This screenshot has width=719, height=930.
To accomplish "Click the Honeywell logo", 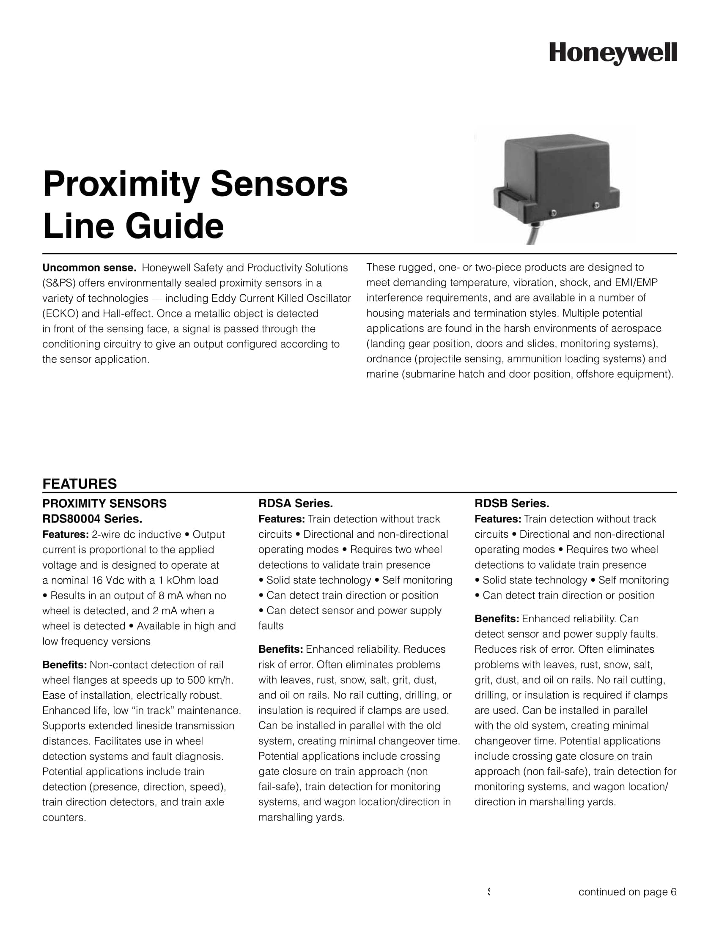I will [x=612, y=54].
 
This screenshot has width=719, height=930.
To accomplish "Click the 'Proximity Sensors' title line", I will [x=195, y=184].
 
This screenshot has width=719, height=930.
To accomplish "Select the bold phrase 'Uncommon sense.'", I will [x=89, y=268].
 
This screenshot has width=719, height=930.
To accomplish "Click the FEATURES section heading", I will [x=79, y=484].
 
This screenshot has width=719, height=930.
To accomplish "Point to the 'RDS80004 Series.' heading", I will [x=92, y=519].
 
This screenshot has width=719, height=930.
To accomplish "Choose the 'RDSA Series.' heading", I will [x=296, y=503].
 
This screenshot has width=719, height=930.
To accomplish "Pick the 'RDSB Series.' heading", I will [x=512, y=503].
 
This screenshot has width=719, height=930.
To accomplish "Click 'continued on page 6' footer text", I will [x=627, y=892].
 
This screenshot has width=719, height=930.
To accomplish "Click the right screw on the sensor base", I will [x=596, y=206].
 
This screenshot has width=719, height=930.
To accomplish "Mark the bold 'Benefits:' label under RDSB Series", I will [x=497, y=619].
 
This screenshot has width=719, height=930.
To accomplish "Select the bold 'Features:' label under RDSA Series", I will [x=282, y=519].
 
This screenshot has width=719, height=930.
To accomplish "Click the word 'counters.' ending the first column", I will [x=64, y=818].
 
